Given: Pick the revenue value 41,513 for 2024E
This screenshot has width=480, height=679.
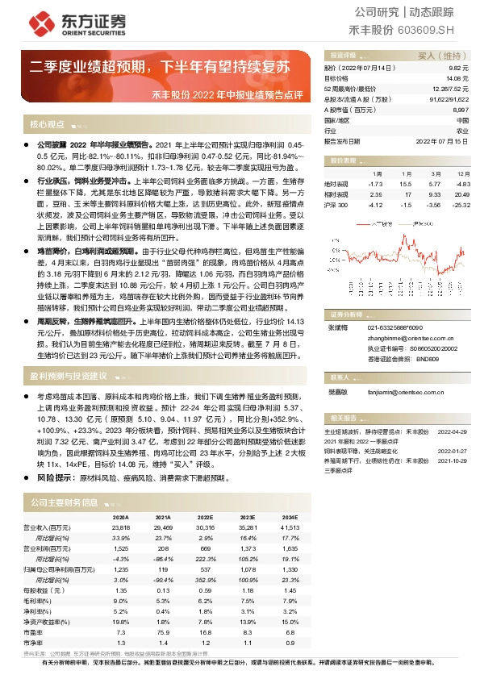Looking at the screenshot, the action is click(289, 527).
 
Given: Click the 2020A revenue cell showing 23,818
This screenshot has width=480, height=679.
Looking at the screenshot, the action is click(119, 527).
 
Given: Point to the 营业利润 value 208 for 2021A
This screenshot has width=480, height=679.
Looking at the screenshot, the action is click(165, 548).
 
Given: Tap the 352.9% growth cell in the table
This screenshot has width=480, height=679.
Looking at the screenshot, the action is click(205, 578).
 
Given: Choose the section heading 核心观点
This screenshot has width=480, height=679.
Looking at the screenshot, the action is click(47, 125).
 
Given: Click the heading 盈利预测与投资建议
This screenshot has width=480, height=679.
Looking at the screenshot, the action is click(69, 376).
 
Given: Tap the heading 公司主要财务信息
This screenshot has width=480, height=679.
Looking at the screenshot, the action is click(65, 502).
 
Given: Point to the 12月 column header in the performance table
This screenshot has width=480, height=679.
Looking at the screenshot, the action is click(462, 173).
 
